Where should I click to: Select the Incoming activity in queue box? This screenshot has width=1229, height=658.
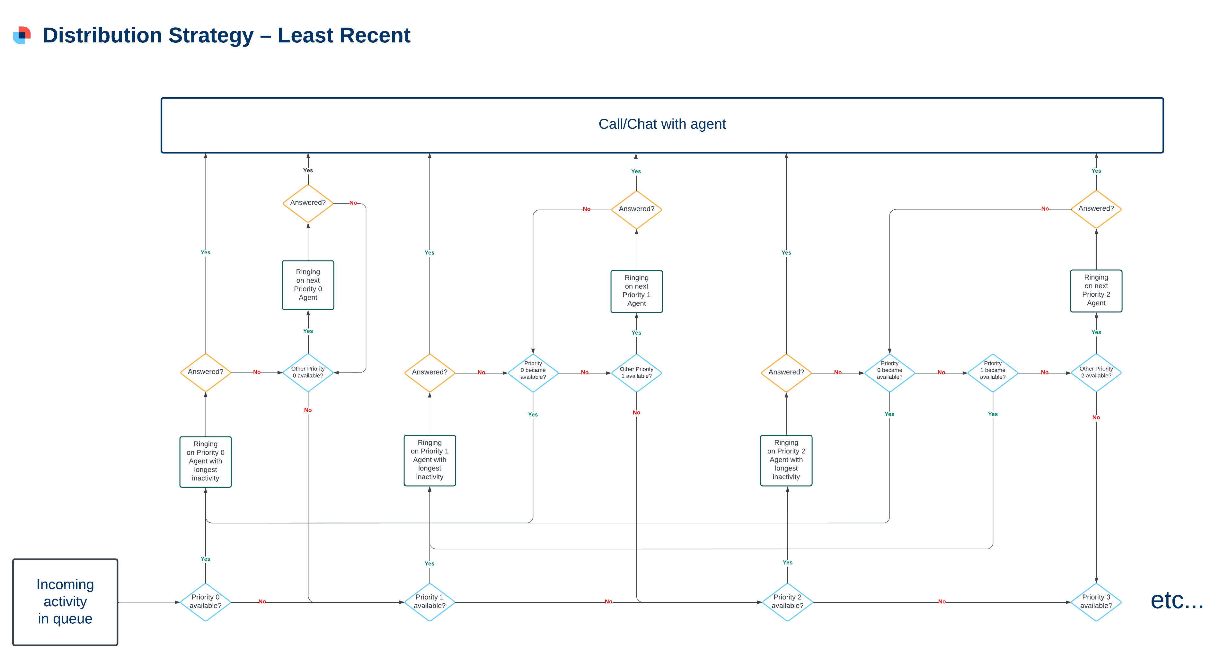tap(65, 602)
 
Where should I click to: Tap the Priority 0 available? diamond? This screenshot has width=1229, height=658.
tap(205, 602)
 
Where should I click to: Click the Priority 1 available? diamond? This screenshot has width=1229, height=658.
tap(429, 602)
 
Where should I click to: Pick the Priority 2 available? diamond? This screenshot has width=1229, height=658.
tap(787, 602)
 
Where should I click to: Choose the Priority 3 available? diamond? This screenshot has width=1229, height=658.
tap(1096, 602)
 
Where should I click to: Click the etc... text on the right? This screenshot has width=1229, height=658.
tap(1177, 600)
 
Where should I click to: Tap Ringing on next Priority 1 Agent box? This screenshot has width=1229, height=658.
tap(636, 291)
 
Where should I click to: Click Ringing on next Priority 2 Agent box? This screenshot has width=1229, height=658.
tap(1096, 290)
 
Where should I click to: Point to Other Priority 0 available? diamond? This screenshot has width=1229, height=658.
tap(308, 373)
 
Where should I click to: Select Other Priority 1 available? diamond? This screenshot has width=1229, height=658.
tap(636, 373)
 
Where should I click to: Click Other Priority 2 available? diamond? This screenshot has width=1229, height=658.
tap(1096, 373)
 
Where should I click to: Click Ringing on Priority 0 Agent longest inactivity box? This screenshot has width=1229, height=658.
tap(205, 461)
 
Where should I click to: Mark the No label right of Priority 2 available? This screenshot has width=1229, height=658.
tap(941, 602)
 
